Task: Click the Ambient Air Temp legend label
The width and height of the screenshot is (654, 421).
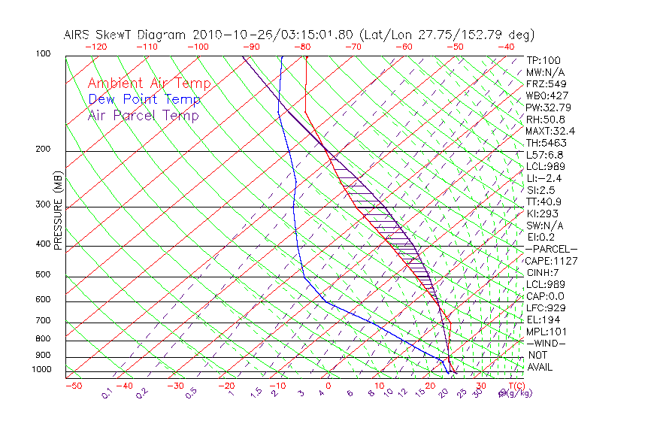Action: pyautogui.click(x=149, y=83)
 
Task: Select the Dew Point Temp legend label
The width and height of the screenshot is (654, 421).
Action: pyautogui.click(x=144, y=99)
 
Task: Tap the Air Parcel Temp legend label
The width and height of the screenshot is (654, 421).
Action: pyautogui.click(x=143, y=115)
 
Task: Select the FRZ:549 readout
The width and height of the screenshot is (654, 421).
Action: pyautogui.click(x=546, y=83)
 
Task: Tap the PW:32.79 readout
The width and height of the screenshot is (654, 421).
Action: pyautogui.click(x=549, y=108)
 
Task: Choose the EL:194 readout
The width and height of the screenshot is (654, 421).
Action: pyautogui.click(x=543, y=320)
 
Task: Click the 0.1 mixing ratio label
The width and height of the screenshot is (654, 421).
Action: pyautogui.click(x=107, y=392)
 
